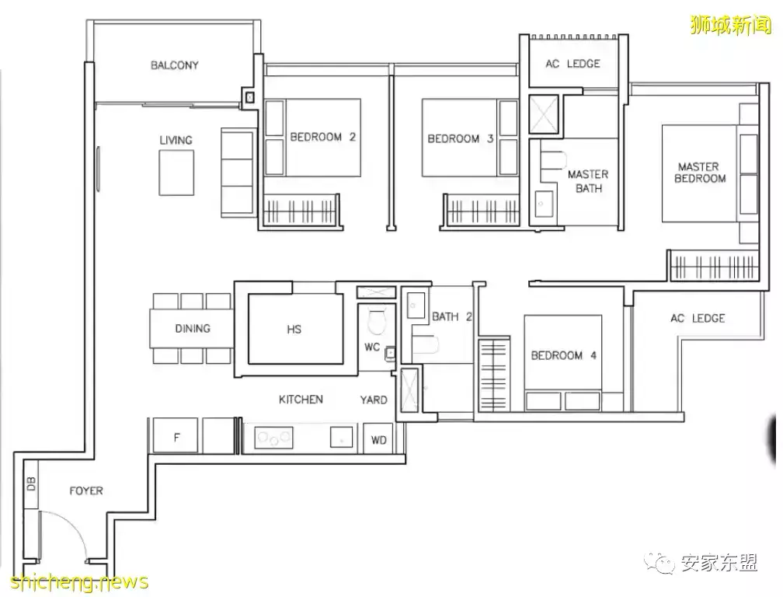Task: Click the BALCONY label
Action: tap(174, 65)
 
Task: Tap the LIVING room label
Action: tap(176, 141)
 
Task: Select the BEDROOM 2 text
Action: tap(322, 137)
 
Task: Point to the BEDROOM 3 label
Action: tap(461, 138)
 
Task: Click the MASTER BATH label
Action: tap(588, 181)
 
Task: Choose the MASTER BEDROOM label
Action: tap(699, 173)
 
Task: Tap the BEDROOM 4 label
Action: tap(563, 356)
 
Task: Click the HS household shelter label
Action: tap(294, 330)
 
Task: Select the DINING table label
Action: tap(193, 329)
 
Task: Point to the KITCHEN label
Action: tap(301, 400)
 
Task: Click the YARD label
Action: tap(374, 400)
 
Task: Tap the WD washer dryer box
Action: tap(378, 439)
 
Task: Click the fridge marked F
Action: tap(176, 435)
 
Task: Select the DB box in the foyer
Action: tap(31, 484)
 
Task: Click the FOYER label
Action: tap(86, 491)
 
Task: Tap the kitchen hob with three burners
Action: tap(273, 438)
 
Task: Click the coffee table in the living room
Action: tap(176, 173)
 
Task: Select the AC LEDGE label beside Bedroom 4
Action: tap(698, 318)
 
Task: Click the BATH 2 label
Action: tap(452, 316)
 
